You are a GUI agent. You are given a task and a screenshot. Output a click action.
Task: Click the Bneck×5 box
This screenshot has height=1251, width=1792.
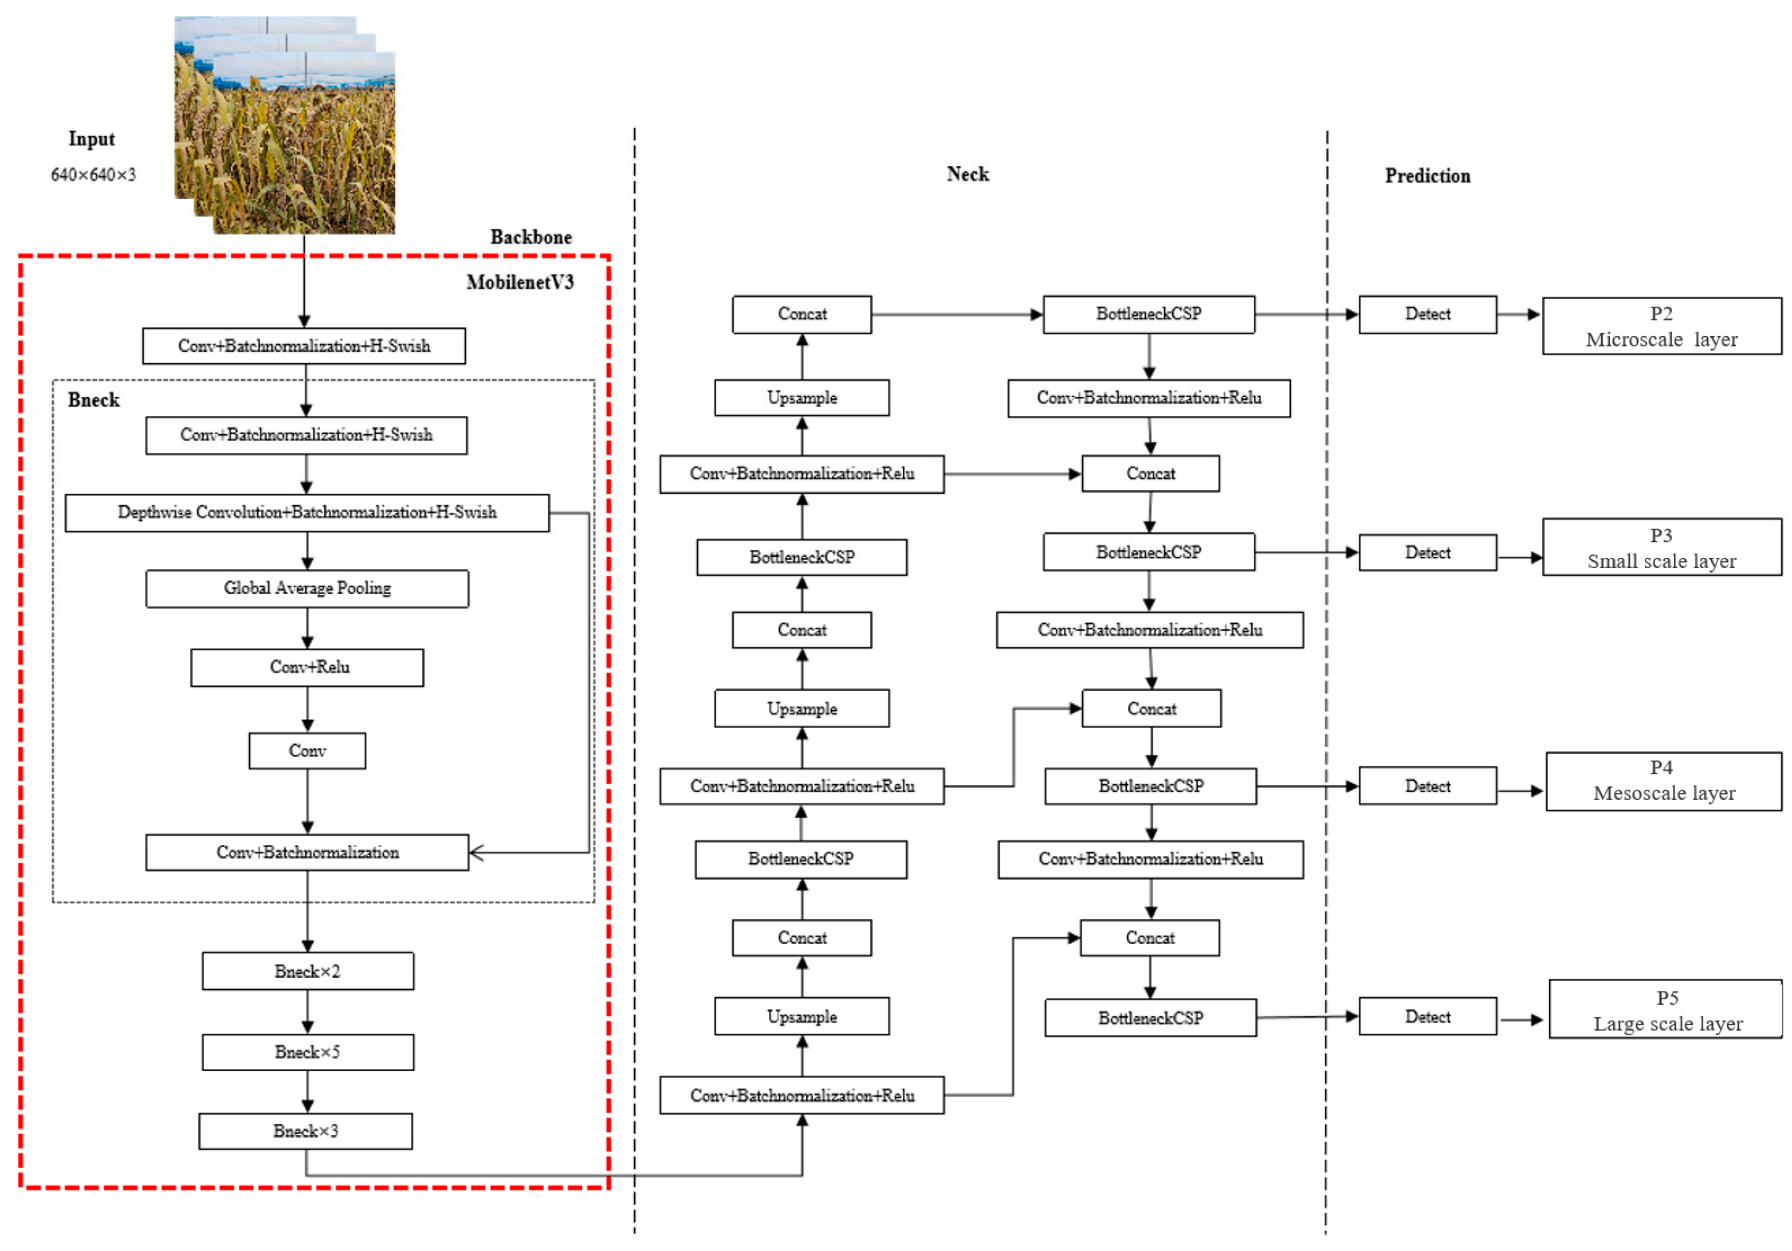(308, 1052)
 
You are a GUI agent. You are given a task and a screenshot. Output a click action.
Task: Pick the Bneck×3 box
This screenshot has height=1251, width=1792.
(305, 1131)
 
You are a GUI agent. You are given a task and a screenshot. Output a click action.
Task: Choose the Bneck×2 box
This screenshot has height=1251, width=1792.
(308, 971)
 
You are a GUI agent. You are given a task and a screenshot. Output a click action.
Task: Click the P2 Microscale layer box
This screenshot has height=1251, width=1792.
(1661, 326)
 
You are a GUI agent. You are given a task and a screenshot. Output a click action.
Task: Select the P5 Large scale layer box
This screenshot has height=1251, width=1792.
(1665, 1010)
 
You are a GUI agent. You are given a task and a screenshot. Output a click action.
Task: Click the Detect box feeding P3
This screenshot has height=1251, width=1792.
(1428, 553)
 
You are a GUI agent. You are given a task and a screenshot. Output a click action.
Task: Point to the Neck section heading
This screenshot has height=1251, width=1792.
(968, 174)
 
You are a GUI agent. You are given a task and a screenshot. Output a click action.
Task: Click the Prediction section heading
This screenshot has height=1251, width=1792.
(1428, 176)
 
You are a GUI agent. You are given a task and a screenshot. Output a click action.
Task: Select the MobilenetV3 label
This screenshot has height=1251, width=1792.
(520, 282)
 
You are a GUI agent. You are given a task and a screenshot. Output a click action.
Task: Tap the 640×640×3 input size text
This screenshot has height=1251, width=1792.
(93, 175)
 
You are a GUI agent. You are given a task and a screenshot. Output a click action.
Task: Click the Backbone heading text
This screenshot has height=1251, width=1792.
(530, 237)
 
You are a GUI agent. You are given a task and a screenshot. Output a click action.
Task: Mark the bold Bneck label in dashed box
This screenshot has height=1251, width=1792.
(93, 400)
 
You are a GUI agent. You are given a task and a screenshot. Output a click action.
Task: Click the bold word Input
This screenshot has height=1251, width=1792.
(91, 139)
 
